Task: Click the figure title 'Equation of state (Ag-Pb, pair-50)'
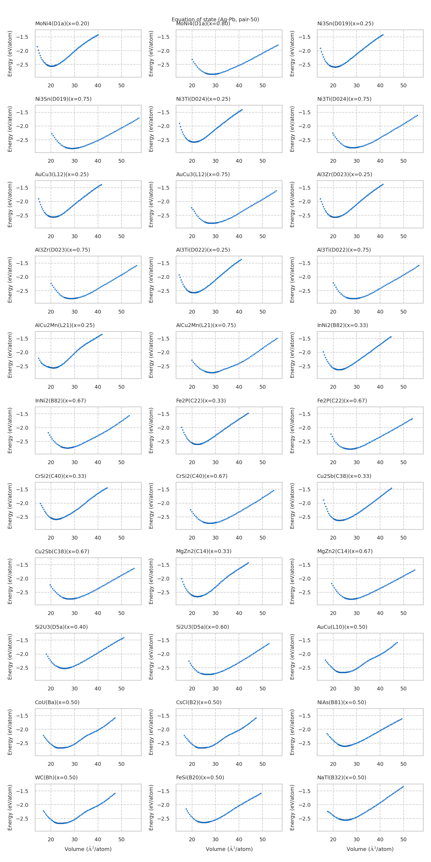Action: pos(215,19)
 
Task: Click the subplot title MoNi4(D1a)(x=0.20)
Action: pos(62,23)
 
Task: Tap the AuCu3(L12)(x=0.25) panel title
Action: pos(62,174)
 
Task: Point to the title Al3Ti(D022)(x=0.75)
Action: pos(344,250)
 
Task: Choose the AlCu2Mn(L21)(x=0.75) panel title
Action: pos(206,325)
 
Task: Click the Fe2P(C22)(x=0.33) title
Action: pos(201,401)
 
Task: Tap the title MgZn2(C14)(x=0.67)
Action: pos(345,551)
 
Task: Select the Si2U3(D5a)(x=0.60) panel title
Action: pos(203,627)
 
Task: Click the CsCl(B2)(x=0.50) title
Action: pos(199,702)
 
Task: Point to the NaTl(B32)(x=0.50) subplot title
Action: pos(342,777)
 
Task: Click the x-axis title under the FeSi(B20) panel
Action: pos(229,849)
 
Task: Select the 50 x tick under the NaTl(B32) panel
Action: pos(404,839)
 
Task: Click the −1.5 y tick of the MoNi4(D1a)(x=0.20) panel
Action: pos(22,37)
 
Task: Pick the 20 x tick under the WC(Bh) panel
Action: pos(51,839)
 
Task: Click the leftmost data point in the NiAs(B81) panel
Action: pos(327,734)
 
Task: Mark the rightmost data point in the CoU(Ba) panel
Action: pos(115,718)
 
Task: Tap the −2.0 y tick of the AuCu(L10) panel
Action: pos(304,654)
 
